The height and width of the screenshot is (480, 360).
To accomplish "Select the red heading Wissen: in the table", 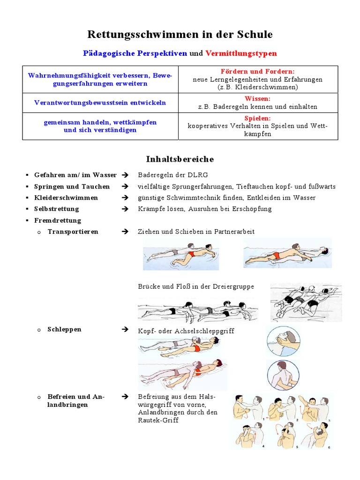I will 258,98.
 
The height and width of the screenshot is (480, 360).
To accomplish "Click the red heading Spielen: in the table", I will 258,119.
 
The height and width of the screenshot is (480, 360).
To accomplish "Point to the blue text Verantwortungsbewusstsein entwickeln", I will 100,103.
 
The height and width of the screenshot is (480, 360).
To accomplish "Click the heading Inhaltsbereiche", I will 180,159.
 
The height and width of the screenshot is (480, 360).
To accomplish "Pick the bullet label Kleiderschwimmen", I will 66,198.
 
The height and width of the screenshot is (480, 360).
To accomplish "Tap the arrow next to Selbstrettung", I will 125,209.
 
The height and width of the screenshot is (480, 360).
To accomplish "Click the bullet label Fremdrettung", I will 58,220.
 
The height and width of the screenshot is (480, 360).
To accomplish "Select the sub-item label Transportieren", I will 73,232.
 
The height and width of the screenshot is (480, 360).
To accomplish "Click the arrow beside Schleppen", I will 125,330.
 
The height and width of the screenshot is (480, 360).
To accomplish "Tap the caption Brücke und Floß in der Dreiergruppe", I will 196,286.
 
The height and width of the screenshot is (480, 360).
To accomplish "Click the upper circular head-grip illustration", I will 283,342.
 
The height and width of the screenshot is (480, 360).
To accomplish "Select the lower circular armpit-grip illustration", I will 283,375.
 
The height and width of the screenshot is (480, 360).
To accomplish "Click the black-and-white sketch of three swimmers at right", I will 306,302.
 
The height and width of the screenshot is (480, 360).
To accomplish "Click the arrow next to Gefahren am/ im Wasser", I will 125,175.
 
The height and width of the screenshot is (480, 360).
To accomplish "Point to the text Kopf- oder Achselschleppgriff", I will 186,331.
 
